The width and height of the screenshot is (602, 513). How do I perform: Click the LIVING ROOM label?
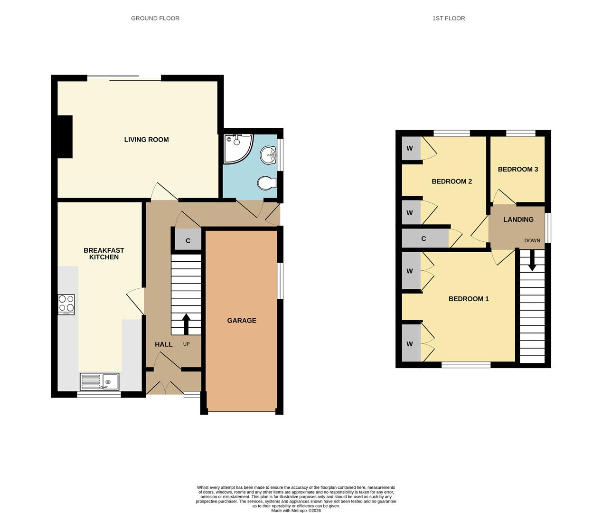coord(146,140)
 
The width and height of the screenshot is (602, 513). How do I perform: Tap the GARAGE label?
coord(241,321)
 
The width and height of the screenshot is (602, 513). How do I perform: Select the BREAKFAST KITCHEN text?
coord(103,254)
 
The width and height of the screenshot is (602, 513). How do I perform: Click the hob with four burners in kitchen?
coord(66,304)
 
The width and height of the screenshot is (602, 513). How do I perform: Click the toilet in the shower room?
coord(266,183)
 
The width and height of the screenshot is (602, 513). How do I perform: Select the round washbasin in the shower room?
coord(269,154)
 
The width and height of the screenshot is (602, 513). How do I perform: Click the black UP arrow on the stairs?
coord(186,324)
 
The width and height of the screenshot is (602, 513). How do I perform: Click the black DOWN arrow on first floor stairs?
coord(532,260)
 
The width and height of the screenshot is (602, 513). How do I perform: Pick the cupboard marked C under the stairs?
coord(188,241)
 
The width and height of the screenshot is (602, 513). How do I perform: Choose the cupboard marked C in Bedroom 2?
coord(424,238)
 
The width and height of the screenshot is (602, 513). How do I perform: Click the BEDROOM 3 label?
coord(517,169)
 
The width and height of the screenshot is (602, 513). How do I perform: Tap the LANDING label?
coord(518,219)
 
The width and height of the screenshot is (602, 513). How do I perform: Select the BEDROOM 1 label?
coord(468,299)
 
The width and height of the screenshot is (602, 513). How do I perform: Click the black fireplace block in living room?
coord(65,137)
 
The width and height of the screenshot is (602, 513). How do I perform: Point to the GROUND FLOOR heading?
coord(155,18)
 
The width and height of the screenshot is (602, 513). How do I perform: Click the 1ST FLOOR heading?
coord(448,18)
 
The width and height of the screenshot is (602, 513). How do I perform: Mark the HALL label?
coord(163,344)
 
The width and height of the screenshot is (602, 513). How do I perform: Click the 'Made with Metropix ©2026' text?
coord(296,511)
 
